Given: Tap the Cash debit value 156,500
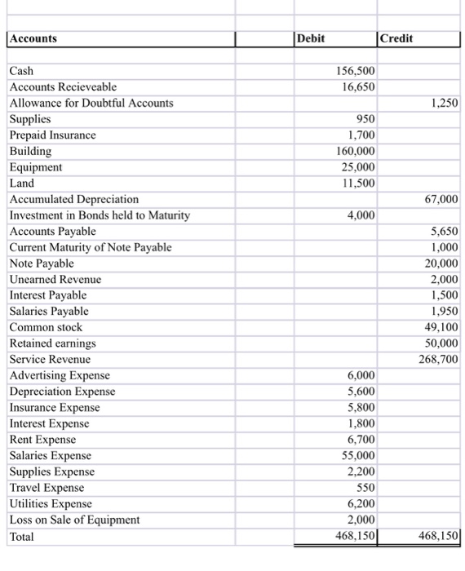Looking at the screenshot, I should pos(356,71).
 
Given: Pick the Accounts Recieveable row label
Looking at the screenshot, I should pos(63,87).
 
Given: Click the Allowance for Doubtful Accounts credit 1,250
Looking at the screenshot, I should pos(443,103).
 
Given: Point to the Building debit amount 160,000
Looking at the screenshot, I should pos(356,151).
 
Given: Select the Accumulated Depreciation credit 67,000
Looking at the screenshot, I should pos(441,199).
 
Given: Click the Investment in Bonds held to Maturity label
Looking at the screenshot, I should pos(100,215).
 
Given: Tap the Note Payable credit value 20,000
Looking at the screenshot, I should pos(441,263).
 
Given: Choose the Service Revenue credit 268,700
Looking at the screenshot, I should pos(439,360).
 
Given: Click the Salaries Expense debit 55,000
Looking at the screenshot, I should pos(358,456).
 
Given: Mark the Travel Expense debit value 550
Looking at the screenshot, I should pos(365,488).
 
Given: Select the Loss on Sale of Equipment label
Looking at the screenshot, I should pos(74,520).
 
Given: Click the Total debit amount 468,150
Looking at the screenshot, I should pos(356,537).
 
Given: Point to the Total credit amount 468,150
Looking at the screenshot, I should pos(439,537).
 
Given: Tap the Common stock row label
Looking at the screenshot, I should pos(46,328).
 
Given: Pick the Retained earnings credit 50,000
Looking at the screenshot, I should pos(441,343).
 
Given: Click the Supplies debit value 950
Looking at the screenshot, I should pos(365,119).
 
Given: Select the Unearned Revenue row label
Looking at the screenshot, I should pos(55,280).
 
